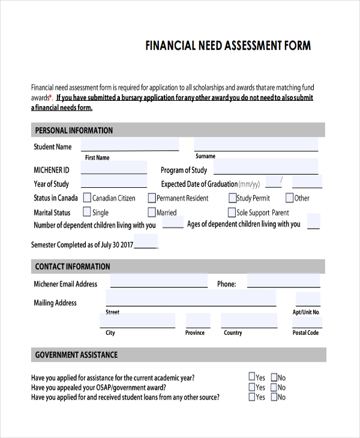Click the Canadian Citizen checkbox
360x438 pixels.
tap(87, 197)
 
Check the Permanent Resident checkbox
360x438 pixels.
tap(152, 197)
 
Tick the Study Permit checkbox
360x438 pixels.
tap(232, 197)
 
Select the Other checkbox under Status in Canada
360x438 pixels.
tap(289, 197)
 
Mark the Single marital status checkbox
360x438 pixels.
tap(87, 212)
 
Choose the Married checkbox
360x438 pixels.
tap(152, 212)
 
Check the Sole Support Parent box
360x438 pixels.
tap(232, 212)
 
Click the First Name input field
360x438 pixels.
tap(130, 145)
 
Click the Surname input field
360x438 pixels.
tap(256, 145)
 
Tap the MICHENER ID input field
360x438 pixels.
tap(113, 167)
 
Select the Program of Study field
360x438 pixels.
tap(265, 167)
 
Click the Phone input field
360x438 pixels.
tap(283, 281)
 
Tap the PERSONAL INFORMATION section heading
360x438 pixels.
tap(74, 130)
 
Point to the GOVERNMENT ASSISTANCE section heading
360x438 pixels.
tap(76, 355)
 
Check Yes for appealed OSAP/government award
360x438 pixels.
tap(252, 387)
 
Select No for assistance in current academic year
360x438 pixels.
tap(274, 377)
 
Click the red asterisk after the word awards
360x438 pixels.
tap(52, 96)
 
